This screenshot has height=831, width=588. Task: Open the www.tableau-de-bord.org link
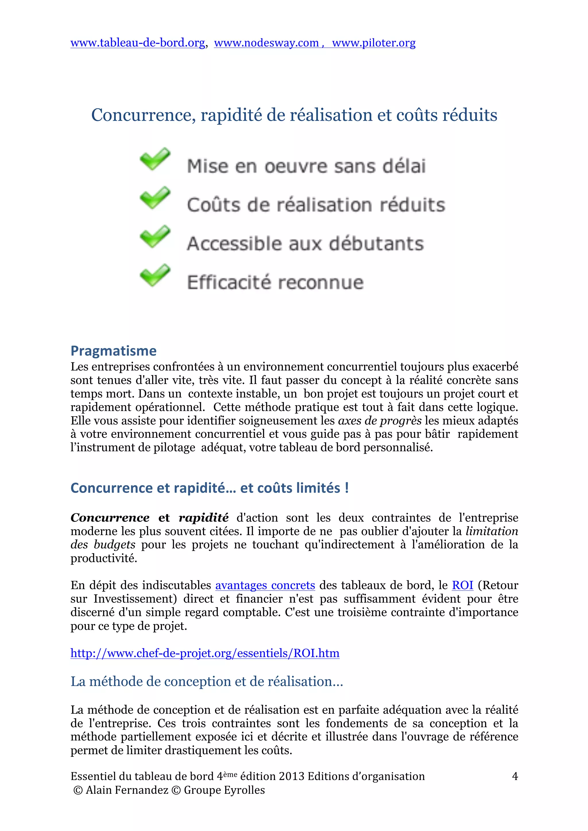(x=138, y=43)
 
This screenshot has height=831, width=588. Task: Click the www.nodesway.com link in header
(x=266, y=43)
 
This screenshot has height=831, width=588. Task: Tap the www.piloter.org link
(x=374, y=43)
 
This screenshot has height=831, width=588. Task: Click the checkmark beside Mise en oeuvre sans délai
(x=155, y=159)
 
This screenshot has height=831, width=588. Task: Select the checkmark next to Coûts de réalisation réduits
(x=155, y=198)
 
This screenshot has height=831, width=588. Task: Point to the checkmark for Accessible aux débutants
(x=155, y=236)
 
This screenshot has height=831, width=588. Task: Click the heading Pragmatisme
(x=113, y=351)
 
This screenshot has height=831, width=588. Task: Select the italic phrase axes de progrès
(x=379, y=421)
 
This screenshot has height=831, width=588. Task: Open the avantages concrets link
(x=265, y=585)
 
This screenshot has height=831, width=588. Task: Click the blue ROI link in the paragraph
(x=462, y=585)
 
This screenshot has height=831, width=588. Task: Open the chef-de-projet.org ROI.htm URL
(x=205, y=653)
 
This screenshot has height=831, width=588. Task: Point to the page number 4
(x=514, y=776)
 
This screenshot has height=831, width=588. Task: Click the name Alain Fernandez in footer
(x=127, y=790)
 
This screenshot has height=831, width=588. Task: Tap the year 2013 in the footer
(x=292, y=776)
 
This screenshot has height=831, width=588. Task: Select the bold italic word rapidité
(x=204, y=518)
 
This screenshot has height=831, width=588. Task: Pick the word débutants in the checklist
(x=376, y=243)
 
